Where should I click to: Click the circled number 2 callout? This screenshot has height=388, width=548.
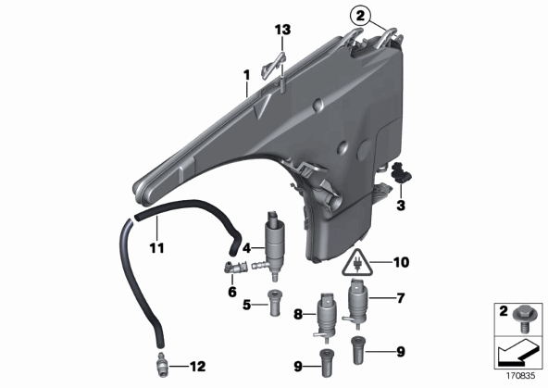tap(360, 16)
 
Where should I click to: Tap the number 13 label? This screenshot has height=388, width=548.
tap(282, 30)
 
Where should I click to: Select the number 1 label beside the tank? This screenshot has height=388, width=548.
tap(247, 75)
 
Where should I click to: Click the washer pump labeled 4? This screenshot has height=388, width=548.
tap(275, 244)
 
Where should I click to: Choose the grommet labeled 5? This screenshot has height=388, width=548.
tap(275, 303)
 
